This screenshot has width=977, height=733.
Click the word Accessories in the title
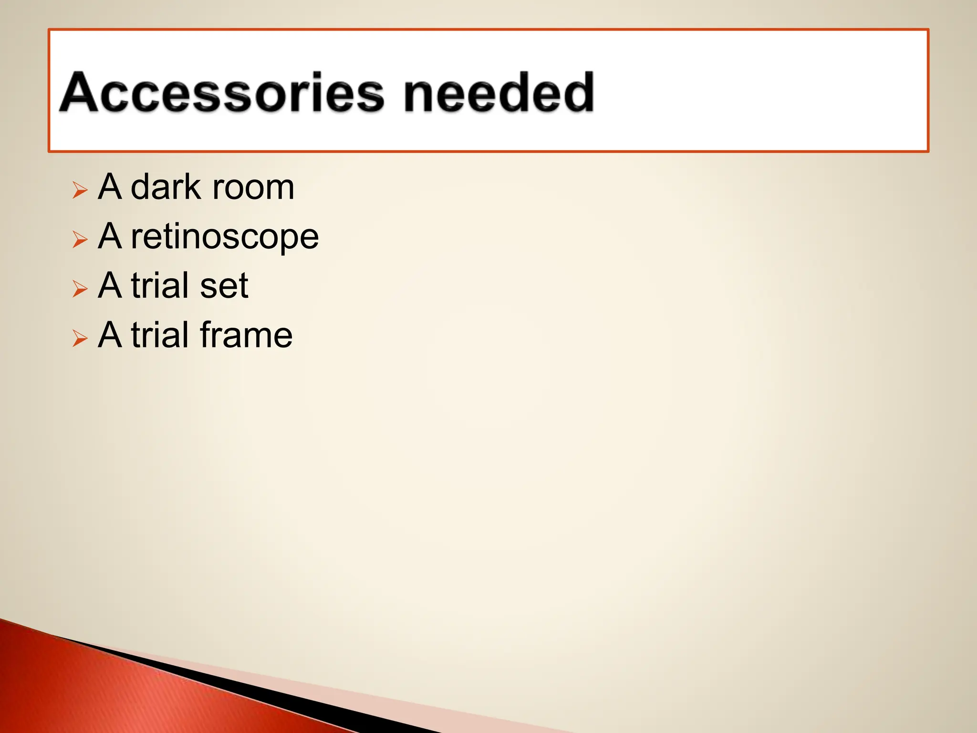tap(222, 93)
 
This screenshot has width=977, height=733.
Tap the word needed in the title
tap(499, 93)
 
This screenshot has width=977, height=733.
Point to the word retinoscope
tap(225, 237)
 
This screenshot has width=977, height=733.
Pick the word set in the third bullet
tap(224, 286)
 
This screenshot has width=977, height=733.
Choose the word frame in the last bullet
tap(246, 335)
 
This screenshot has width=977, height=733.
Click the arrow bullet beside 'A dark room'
tap(80, 190)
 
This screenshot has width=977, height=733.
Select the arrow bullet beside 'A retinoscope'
tap(80, 240)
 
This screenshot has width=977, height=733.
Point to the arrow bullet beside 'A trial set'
tap(80, 289)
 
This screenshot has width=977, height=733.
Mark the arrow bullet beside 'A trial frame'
tap(80, 338)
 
